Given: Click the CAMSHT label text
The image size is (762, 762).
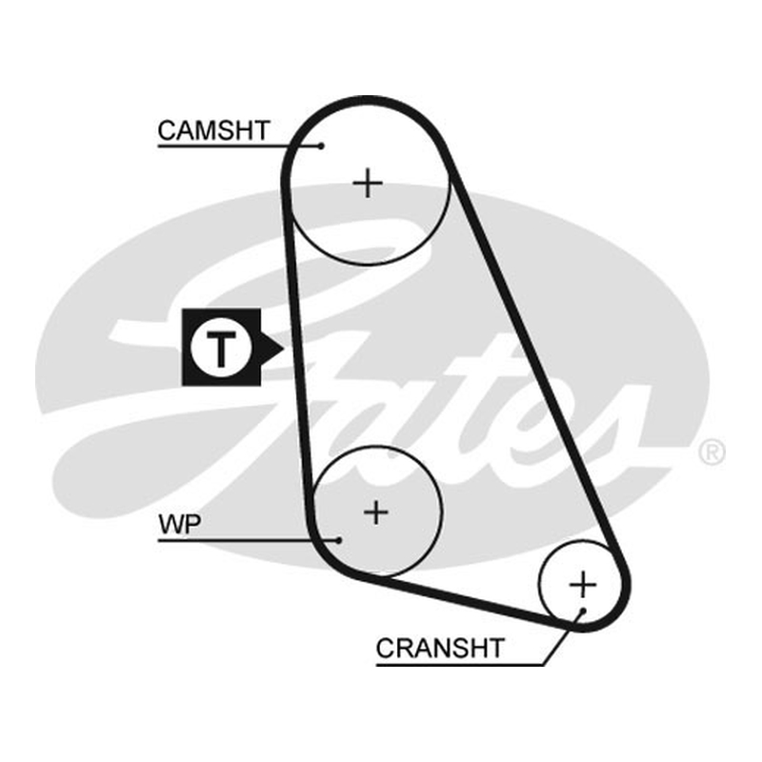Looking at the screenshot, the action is click(x=213, y=130).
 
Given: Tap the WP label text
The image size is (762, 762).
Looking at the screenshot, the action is click(x=179, y=525).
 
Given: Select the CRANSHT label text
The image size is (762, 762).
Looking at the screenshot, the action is click(x=440, y=648).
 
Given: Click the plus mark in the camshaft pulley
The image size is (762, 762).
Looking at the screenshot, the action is click(x=368, y=183).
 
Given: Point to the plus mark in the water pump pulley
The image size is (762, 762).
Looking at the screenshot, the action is click(x=375, y=512).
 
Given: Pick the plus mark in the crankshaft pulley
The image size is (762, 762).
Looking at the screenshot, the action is click(x=582, y=584).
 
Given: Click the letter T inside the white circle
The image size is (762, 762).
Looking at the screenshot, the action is click(x=222, y=348).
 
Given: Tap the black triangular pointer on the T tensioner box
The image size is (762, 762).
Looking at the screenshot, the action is click(x=272, y=348).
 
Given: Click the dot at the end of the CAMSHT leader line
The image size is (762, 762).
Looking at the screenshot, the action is click(x=321, y=146).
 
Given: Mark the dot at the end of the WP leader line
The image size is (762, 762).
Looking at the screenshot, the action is click(x=339, y=539).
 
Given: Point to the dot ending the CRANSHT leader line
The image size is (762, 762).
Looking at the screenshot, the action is click(x=583, y=611).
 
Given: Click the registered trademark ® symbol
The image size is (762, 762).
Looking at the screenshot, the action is click(x=712, y=451).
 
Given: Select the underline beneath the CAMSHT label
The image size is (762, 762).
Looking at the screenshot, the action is click(x=239, y=146).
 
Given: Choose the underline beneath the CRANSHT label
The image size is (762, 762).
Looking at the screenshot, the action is click(x=460, y=664).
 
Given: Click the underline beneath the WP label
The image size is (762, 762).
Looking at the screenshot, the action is click(x=249, y=539).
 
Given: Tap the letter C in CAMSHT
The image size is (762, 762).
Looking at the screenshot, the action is click(x=167, y=130).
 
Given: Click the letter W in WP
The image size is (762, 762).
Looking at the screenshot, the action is click(x=172, y=525).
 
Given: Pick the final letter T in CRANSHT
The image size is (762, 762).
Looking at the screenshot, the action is click(x=495, y=648).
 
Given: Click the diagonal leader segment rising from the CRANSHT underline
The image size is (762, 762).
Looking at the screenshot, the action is click(x=563, y=637).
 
